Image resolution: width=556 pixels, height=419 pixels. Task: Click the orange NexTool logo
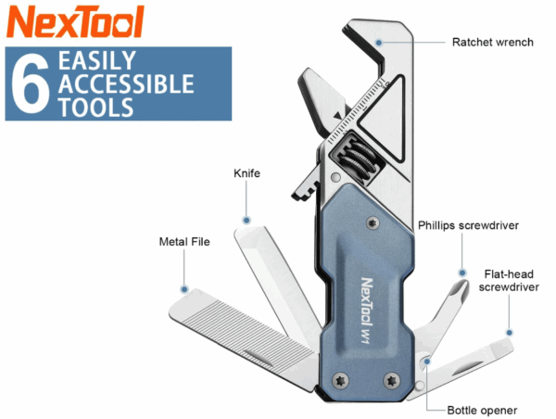click(75, 21)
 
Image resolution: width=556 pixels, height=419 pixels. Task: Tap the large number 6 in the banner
click(30, 83)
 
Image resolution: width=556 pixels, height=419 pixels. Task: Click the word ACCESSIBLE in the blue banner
click(126, 83)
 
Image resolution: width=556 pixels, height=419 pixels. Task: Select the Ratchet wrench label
click(493, 43)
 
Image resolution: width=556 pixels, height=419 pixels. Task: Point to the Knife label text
click(246, 173)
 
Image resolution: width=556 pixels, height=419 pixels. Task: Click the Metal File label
click(184, 242)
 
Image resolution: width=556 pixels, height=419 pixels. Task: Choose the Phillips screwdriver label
click(468, 225)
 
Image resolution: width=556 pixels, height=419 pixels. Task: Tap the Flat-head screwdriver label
click(509, 280)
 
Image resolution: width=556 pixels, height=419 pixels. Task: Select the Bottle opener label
click(482, 410)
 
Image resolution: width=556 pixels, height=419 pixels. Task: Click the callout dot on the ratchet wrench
click(379, 43)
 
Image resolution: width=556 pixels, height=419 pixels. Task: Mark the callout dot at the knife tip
click(246, 221)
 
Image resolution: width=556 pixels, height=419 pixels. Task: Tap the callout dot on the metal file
click(184, 289)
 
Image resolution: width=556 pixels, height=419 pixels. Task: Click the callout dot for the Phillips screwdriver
click(462, 273)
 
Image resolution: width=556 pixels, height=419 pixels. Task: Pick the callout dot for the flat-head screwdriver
click(509, 333)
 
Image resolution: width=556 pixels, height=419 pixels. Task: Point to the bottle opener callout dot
click(427, 362)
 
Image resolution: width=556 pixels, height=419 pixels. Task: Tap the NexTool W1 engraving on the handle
click(366, 311)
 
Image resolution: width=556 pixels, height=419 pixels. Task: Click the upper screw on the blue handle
click(373, 223)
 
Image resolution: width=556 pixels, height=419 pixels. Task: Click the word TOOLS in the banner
click(95, 108)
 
